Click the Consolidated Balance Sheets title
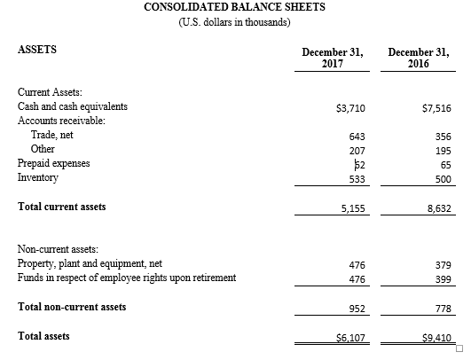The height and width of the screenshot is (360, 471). click(x=234, y=7)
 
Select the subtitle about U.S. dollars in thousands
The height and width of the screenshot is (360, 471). click(x=234, y=22)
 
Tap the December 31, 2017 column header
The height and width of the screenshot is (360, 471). click(x=333, y=58)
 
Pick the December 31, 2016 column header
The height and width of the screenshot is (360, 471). click(x=419, y=58)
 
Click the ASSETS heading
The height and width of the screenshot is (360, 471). click(x=37, y=50)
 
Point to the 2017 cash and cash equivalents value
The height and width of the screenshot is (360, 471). click(x=350, y=108)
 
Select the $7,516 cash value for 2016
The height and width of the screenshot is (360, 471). click(x=436, y=108)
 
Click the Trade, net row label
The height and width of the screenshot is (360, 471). click(x=52, y=135)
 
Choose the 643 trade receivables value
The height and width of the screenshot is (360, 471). click(x=357, y=137)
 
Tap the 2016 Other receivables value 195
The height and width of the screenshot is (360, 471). click(x=444, y=151)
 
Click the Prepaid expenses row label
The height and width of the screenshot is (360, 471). click(x=53, y=163)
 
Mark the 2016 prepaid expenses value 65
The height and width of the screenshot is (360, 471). click(x=446, y=165)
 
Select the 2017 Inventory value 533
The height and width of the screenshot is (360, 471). click(x=357, y=179)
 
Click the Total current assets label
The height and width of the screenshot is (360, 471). click(x=61, y=207)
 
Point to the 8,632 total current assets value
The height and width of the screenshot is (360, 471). click(x=439, y=208)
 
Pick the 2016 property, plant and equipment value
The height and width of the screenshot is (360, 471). click(x=444, y=265)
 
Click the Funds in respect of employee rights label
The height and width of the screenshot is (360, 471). click(x=127, y=278)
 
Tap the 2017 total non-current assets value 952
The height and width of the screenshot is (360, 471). click(x=357, y=309)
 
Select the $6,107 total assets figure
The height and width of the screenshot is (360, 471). click(x=350, y=338)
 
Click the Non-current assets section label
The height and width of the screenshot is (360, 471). click(x=58, y=249)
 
